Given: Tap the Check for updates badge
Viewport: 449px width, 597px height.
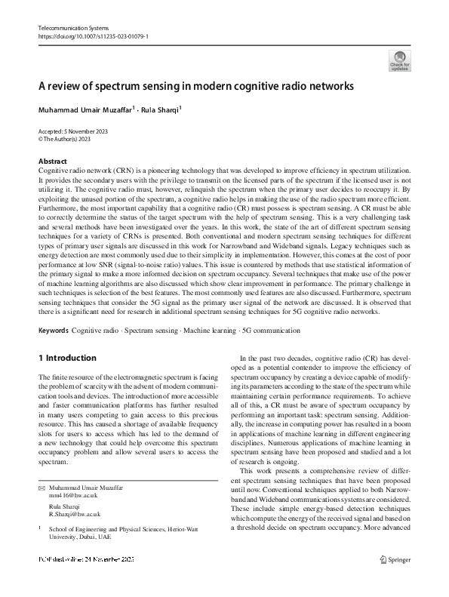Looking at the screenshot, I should (x=399, y=61).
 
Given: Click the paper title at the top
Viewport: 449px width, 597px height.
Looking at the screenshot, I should (x=195, y=86).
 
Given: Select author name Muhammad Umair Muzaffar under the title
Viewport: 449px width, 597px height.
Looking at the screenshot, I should (x=85, y=109).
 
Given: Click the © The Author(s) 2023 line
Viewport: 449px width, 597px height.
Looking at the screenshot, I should (x=65, y=140).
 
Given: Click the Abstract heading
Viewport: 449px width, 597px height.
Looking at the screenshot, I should (x=52, y=161).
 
